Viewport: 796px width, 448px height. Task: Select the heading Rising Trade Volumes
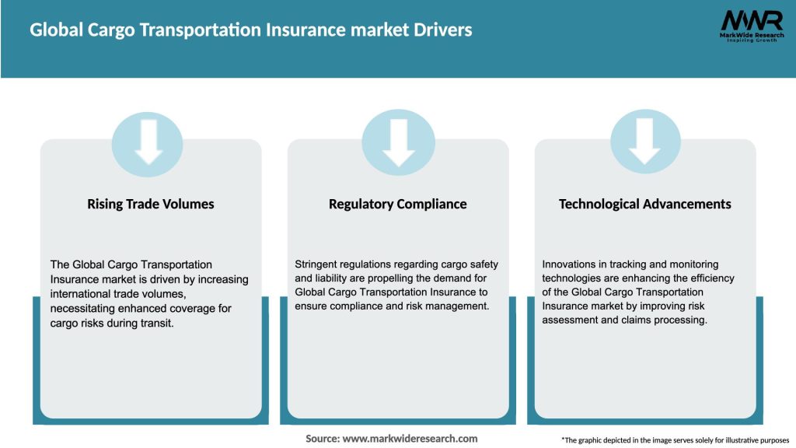click(x=151, y=204)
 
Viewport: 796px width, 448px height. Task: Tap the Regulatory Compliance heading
click(x=398, y=204)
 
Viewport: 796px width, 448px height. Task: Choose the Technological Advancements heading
click(x=645, y=204)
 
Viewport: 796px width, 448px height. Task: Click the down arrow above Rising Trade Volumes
click(x=148, y=141)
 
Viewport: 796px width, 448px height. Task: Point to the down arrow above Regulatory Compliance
click(x=398, y=141)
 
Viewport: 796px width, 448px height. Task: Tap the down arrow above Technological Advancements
click(x=645, y=141)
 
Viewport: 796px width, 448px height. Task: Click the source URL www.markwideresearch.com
click(x=410, y=439)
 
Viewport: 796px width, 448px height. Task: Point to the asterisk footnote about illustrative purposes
click(x=675, y=439)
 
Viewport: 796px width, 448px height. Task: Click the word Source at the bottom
click(x=322, y=439)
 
